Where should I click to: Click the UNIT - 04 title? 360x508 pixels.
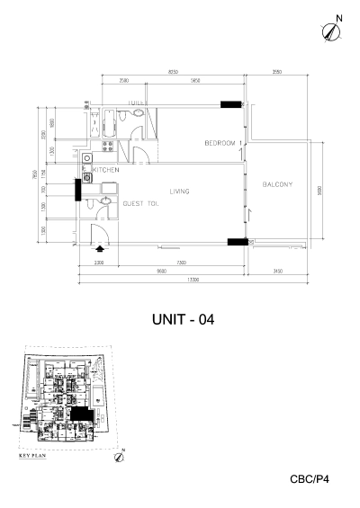point(184,317)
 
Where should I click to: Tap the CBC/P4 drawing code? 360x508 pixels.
point(310,480)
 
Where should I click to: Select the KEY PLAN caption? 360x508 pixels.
point(34,457)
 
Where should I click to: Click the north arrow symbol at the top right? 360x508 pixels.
point(331,30)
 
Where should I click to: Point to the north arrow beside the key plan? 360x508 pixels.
point(120,456)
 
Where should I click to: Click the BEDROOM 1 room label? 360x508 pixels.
point(222,144)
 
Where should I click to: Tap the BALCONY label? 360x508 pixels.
point(278,185)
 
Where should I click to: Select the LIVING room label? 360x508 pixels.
point(179,192)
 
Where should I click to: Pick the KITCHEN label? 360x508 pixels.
point(107,169)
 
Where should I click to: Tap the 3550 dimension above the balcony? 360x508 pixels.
point(278,72)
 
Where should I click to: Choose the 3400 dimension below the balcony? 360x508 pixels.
point(278,271)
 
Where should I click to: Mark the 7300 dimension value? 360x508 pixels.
point(181,263)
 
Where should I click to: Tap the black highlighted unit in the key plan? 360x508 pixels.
point(83,414)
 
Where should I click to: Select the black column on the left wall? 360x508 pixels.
point(78,190)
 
